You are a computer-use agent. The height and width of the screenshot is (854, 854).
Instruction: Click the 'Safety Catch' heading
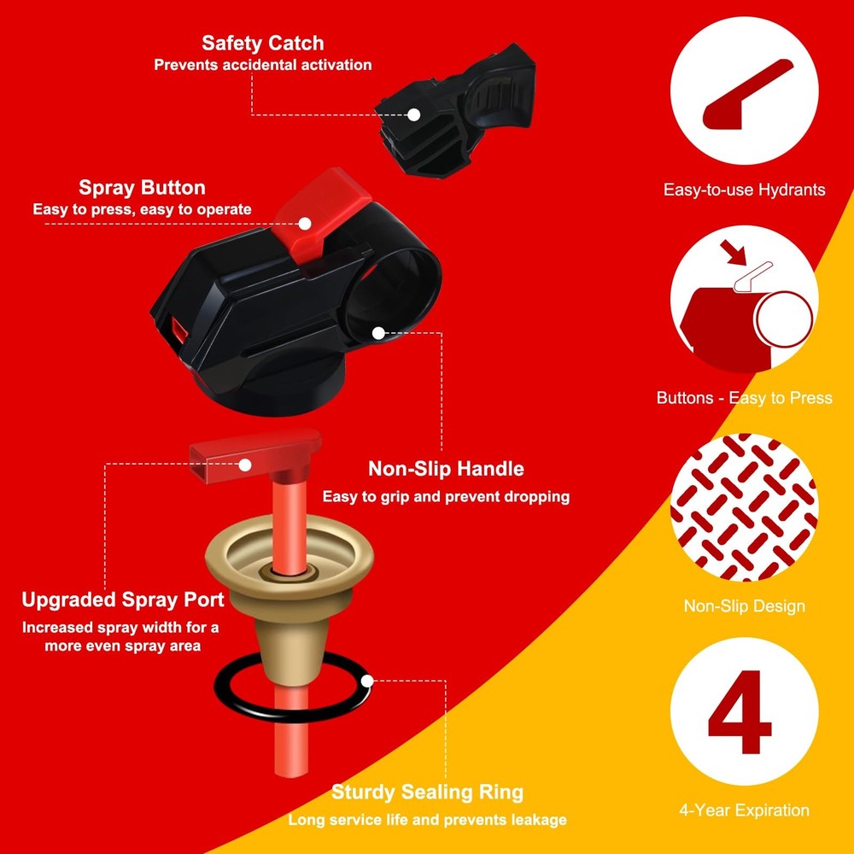click(262, 44)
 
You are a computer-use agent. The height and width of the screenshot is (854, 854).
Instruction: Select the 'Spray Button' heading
click(142, 188)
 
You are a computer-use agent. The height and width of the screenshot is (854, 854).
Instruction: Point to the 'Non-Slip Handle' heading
click(446, 469)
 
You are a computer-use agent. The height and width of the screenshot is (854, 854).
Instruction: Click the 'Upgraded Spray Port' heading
click(123, 600)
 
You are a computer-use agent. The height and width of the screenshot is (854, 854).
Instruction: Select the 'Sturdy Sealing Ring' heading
click(427, 792)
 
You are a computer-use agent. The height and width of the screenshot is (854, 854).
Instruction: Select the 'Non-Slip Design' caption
click(744, 606)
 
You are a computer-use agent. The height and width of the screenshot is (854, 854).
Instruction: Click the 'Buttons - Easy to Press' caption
click(744, 398)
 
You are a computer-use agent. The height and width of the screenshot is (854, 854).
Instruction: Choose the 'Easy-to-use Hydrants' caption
click(744, 190)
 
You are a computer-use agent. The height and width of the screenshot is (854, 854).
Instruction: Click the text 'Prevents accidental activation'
click(262, 65)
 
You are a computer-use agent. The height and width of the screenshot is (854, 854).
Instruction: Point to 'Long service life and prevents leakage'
click(427, 820)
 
